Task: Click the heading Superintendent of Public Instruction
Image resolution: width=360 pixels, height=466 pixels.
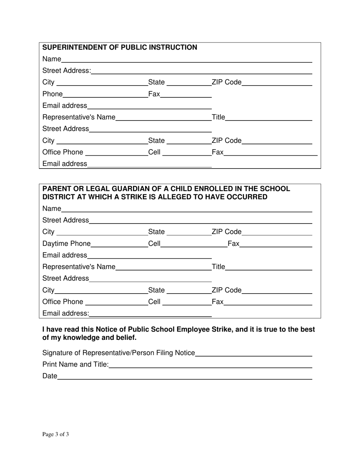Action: click(119, 47)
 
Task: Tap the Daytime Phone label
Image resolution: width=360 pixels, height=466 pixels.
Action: click(67, 244)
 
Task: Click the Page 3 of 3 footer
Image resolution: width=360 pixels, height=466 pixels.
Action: click(55, 435)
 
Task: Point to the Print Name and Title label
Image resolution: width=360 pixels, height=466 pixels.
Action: click(75, 364)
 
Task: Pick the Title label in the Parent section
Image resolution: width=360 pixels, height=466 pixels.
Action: click(218, 267)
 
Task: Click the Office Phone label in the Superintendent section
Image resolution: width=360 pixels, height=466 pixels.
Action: click(63, 152)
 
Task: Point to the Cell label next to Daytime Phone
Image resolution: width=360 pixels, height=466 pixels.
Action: click(154, 244)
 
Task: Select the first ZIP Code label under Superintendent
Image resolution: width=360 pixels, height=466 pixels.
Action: click(226, 82)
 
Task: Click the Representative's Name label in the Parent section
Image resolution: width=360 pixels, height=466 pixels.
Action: click(79, 267)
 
